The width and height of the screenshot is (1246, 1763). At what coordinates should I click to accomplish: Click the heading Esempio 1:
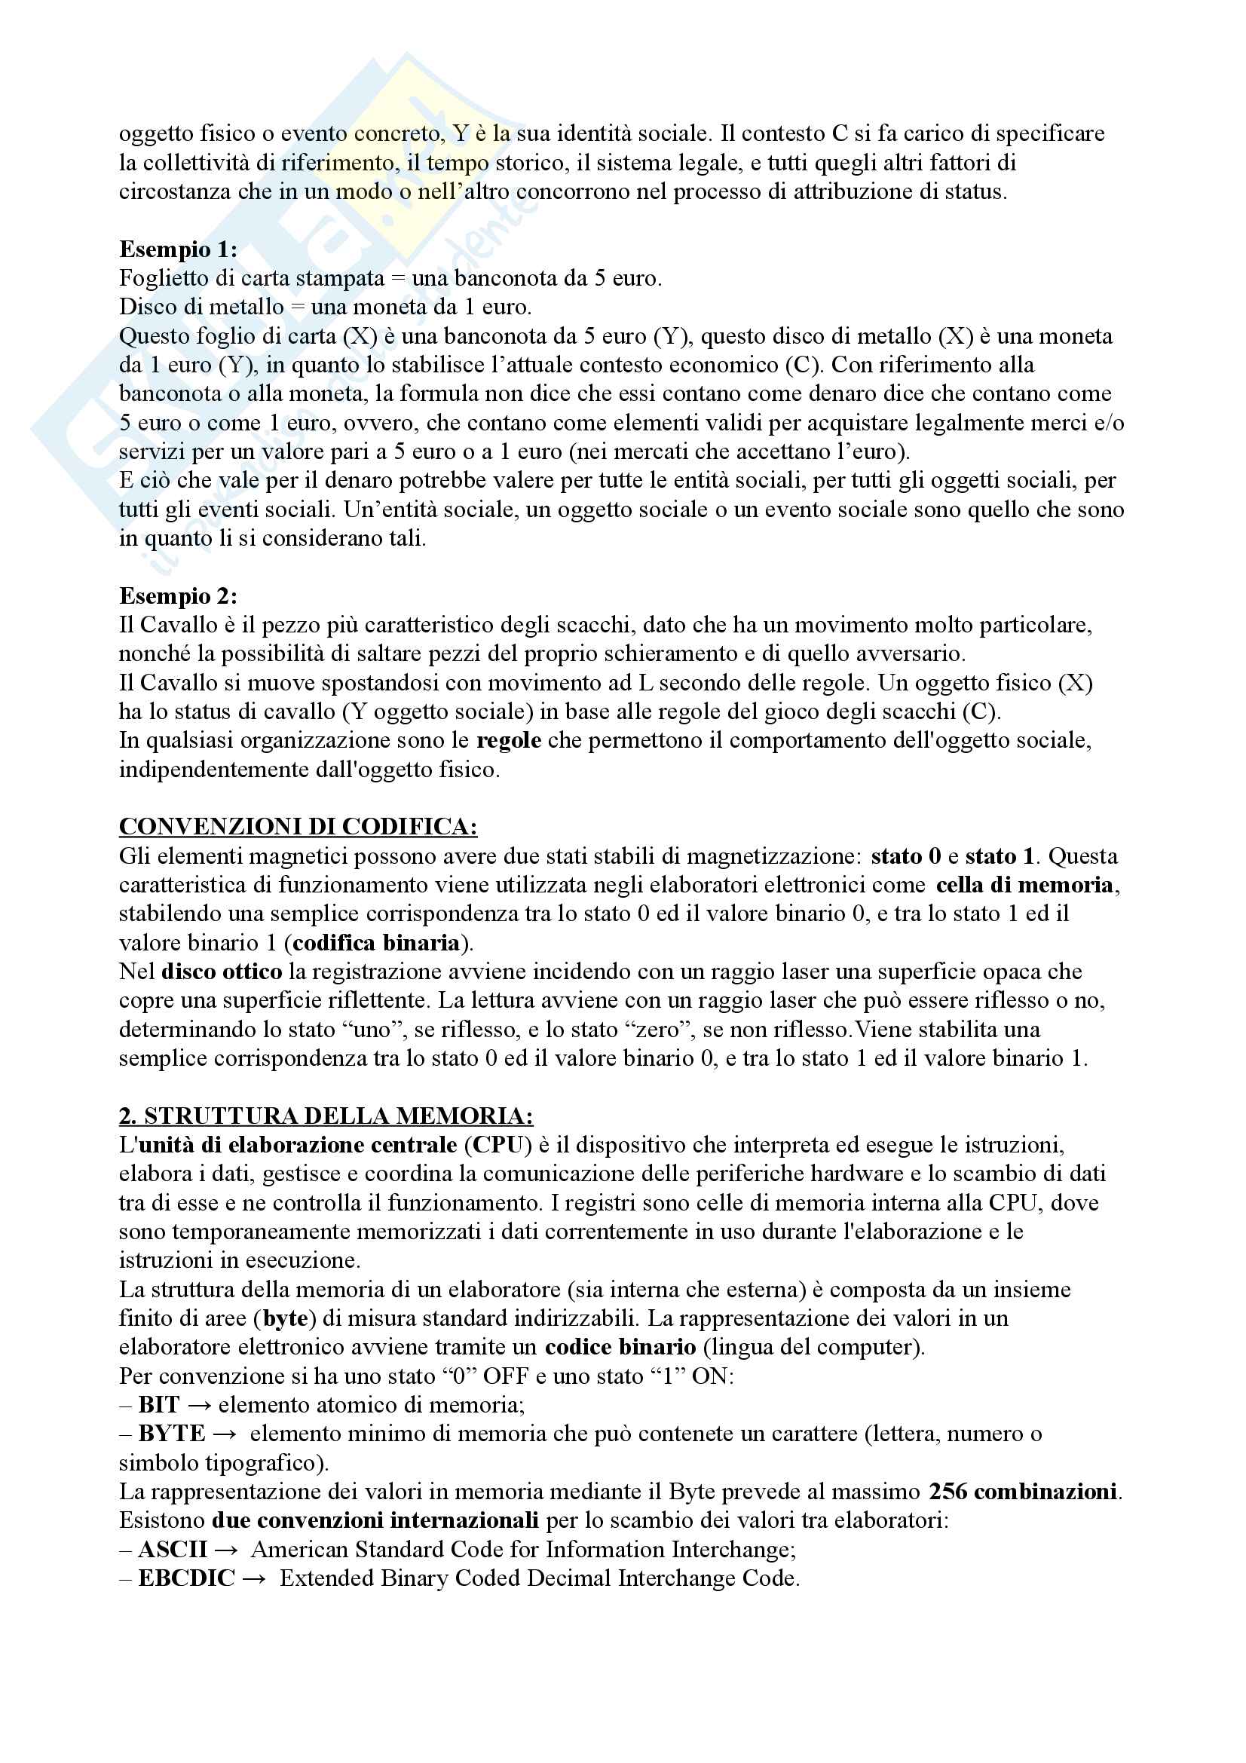pyautogui.click(x=178, y=249)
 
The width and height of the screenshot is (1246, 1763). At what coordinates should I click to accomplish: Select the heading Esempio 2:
pyautogui.click(x=178, y=596)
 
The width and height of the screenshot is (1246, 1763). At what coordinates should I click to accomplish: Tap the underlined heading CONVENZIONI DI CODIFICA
pyautogui.click(x=298, y=827)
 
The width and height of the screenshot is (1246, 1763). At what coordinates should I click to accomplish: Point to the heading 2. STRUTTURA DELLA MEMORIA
pyautogui.click(x=326, y=1116)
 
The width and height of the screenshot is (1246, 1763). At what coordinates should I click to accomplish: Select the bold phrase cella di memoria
pyautogui.click(x=1024, y=885)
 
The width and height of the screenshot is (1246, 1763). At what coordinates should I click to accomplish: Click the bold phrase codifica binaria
pyautogui.click(x=375, y=942)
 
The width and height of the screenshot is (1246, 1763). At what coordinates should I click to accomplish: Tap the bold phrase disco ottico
pyautogui.click(x=221, y=972)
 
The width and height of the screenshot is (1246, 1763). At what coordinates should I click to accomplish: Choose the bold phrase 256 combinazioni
pyautogui.click(x=1023, y=1491)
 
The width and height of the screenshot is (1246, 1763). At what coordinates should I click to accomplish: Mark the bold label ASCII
pyautogui.click(x=173, y=1550)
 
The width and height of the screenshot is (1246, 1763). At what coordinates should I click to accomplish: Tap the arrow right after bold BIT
pyautogui.click(x=199, y=1405)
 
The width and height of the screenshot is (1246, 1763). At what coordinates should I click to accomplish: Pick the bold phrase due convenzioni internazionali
pyautogui.click(x=375, y=1520)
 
